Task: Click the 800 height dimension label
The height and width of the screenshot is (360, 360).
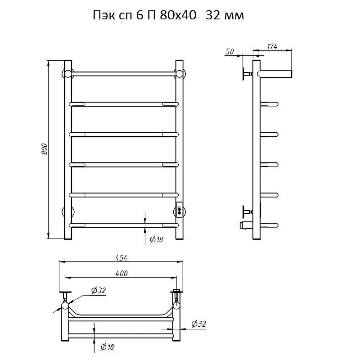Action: tap(45, 149)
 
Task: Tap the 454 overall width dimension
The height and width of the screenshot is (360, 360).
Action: tap(121, 258)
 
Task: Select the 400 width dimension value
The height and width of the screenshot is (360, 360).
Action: tap(121, 274)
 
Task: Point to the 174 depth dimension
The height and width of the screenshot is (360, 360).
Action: tap(272, 46)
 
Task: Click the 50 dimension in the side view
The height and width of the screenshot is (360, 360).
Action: tap(229, 52)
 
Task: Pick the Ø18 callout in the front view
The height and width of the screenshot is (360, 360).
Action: tap(156, 239)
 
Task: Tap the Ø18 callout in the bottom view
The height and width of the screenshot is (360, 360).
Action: tap(107, 347)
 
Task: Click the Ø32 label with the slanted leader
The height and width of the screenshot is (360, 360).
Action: tap(99, 290)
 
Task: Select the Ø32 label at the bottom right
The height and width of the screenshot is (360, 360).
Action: tap(199, 324)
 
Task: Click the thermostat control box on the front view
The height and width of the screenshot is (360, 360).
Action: tap(179, 209)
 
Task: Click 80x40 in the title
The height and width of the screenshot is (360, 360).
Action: tap(178, 15)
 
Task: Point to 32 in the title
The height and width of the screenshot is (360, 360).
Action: tap(212, 15)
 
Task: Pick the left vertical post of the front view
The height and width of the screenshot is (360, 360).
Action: tap(68, 150)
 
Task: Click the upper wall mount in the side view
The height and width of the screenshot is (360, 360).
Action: tap(247, 74)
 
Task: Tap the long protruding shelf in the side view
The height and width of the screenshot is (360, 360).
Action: tap(275, 74)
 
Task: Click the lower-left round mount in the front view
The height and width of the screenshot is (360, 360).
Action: tap(68, 211)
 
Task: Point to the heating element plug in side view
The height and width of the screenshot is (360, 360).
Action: tap(246, 225)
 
